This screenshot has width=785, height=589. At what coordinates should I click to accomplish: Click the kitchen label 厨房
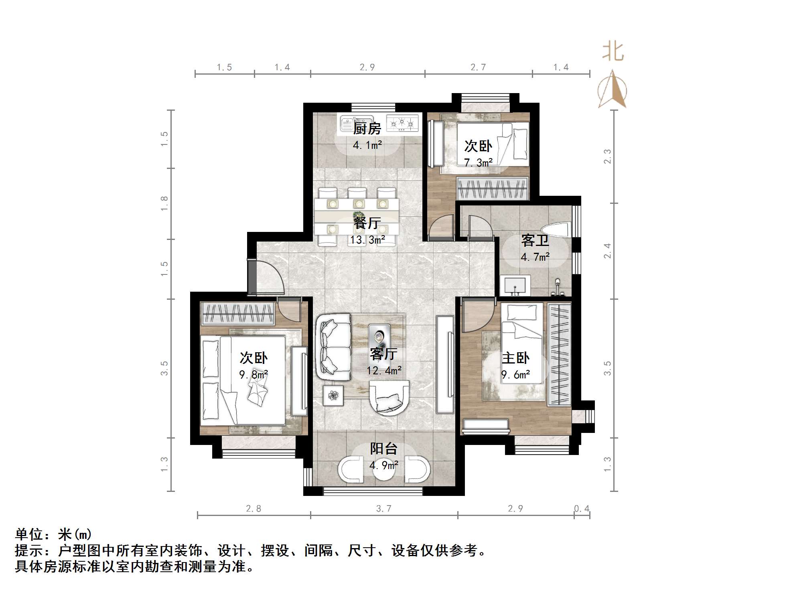(x=367, y=129)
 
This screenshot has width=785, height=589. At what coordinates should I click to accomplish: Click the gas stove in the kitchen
(x=402, y=123)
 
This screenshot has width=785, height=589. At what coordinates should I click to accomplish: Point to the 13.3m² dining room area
(x=367, y=240)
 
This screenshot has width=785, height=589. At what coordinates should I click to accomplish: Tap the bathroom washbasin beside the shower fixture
(x=515, y=286)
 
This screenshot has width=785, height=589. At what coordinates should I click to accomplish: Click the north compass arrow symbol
(x=612, y=89)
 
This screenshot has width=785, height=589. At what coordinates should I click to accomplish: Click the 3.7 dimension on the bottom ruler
(x=383, y=509)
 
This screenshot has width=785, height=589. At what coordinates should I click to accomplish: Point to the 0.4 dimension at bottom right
(x=582, y=509)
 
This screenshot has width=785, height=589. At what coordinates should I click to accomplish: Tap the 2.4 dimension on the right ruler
(x=608, y=251)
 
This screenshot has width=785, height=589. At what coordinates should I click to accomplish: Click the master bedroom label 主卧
(x=515, y=357)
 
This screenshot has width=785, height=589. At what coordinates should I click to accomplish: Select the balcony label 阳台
(x=383, y=449)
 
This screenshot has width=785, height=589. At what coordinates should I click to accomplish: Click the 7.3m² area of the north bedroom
(x=479, y=162)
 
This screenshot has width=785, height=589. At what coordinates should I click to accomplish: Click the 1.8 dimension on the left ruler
(x=164, y=203)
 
